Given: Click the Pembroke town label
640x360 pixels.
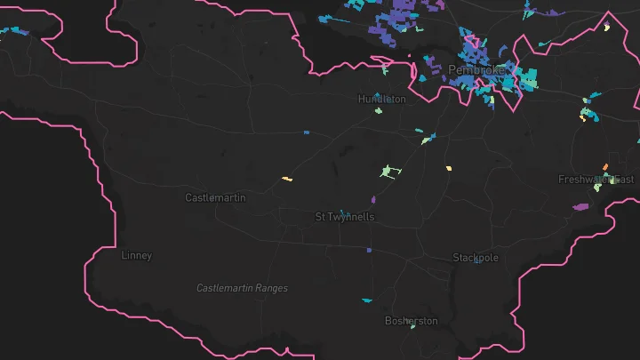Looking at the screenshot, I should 476,69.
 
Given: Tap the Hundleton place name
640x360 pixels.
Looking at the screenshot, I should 382,99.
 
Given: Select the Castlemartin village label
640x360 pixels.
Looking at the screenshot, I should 214,197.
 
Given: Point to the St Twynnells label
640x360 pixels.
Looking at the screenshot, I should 345,217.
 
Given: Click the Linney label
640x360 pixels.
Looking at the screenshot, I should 136,255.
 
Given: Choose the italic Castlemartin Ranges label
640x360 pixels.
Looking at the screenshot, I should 242,288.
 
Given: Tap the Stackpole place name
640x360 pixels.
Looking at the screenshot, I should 476,258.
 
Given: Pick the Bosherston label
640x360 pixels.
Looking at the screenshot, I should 411,320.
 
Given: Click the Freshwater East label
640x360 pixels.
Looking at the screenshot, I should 596,180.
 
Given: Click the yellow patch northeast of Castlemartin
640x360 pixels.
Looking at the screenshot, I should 287,180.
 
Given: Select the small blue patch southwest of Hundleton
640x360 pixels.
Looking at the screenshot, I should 306,132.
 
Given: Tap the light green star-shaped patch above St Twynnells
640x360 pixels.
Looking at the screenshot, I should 387,172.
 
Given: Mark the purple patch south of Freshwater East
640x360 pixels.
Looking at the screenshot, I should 581,206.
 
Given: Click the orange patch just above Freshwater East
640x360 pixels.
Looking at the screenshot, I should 605,166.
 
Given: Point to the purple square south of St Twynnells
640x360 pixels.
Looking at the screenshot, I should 368,251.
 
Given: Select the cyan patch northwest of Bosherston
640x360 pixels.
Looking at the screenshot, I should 366,300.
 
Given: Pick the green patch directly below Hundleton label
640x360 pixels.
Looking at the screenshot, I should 379,111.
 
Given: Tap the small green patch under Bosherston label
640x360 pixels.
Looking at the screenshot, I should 412,327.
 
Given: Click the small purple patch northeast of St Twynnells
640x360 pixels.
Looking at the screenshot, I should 373,199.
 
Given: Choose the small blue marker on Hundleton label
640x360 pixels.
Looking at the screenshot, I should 377,95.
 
